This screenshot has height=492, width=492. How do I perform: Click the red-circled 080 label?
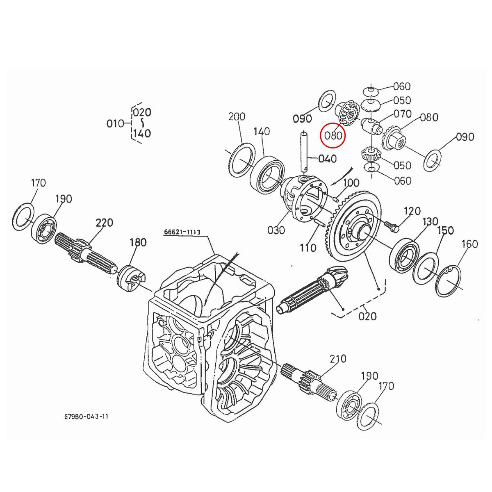coord(333,135)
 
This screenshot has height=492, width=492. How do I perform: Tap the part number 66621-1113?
coord(182,232)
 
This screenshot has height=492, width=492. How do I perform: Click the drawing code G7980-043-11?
coord(86,417)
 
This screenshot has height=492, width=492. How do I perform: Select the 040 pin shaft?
coord(305,152)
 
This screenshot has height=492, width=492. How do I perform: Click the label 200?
coord(237,116)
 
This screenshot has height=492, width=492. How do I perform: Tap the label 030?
coord(276,230)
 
